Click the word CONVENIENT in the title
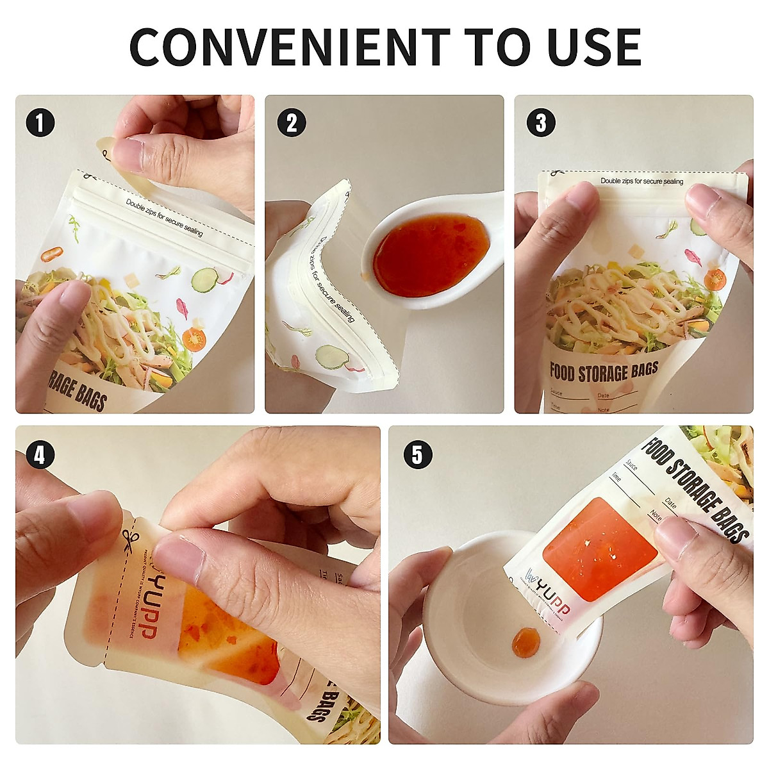[290, 47]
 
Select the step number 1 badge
[40, 122]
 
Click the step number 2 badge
[292, 122]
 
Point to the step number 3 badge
[541, 122]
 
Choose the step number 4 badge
[40, 455]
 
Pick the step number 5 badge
[417, 455]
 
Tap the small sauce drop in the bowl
[526, 641]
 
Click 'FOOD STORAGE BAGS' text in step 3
[604, 371]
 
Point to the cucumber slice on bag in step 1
[204, 279]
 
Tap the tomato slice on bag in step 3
[714, 279]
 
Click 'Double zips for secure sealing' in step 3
[641, 181]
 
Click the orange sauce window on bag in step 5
[599, 547]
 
